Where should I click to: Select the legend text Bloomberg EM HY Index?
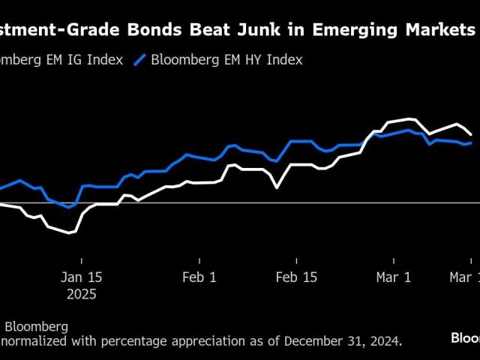[226, 60]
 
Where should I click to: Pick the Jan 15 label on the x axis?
[80, 277]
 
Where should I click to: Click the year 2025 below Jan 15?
[80, 294]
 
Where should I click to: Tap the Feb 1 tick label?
[199, 277]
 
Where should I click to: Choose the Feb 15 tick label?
[297, 277]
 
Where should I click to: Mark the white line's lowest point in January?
[70, 233]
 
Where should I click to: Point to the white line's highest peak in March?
[409, 118]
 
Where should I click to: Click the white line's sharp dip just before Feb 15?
[277, 187]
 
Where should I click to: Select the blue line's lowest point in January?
[68, 207]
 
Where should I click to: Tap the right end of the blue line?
[471, 142]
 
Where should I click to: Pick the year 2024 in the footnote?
[385, 340]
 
